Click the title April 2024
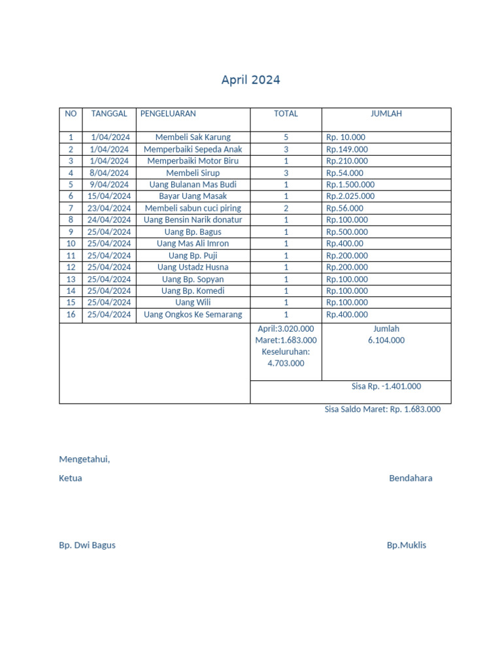coord(250,80)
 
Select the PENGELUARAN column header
coord(168,114)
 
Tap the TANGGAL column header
coord(109,114)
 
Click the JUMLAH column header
coord(386,114)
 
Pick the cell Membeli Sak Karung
coord(193,137)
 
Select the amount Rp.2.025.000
coord(350,196)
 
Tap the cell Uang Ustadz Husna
coord(193,267)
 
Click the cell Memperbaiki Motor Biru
coord(193,161)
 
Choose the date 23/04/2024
coord(109,208)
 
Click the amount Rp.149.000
coord(347,149)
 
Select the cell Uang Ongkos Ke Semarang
coord(193,315)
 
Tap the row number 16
coord(71,315)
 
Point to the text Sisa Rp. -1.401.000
coord(386,387)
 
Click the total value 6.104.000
coord(386,340)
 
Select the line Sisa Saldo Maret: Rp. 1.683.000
coord(382,410)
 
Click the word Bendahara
coord(410,478)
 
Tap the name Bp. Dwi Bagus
coord(87,545)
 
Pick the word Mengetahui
coord(84,459)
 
